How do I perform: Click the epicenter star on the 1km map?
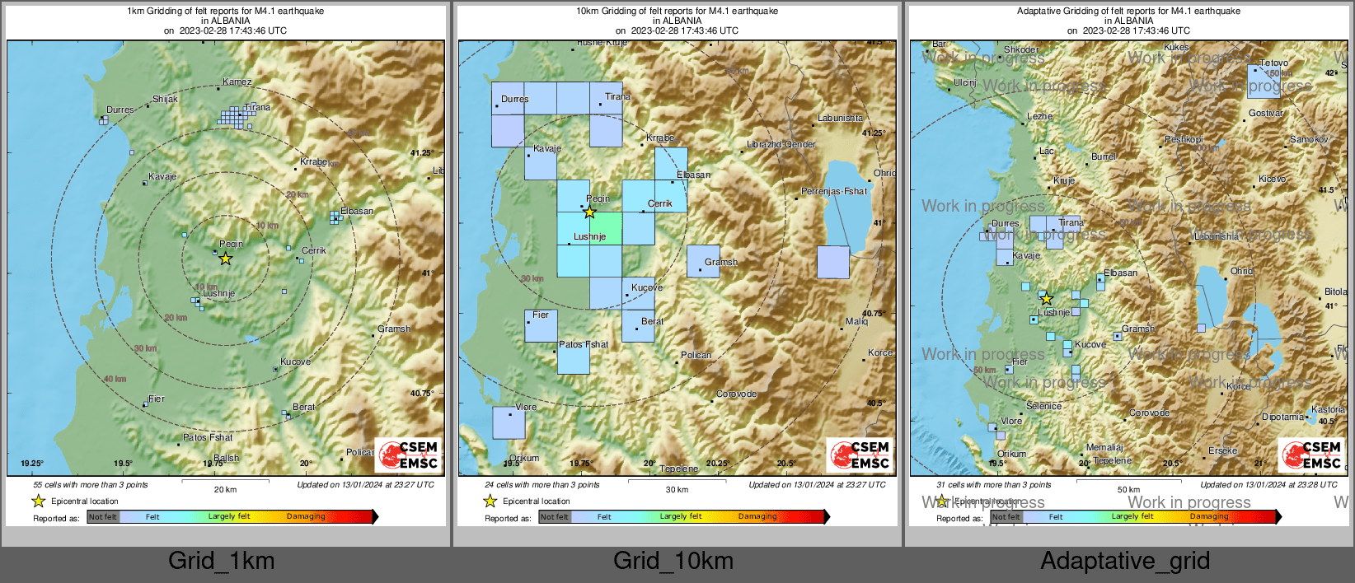coord(225,259)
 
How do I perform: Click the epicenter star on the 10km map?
coord(589,212)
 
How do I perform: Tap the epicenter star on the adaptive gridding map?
coord(1046,299)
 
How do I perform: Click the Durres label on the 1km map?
coord(120,110)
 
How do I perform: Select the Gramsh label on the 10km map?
coord(720,262)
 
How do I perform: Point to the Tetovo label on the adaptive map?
coord(1273,63)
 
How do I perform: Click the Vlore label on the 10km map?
coord(526,407)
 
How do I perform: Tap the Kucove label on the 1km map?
coord(295,361)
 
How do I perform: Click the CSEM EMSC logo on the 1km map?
coord(409,455)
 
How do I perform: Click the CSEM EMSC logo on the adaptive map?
coord(1312,455)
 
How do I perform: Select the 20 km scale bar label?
coord(225,489)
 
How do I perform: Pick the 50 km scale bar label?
coord(1128,489)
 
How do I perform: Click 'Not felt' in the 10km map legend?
coord(555,517)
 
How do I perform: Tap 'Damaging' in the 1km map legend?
coord(306,516)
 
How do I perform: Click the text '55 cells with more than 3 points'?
coord(91,485)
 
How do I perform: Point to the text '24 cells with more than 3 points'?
coord(542,485)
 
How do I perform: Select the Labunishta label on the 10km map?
coord(840,118)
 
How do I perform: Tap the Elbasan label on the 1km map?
coord(357,211)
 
